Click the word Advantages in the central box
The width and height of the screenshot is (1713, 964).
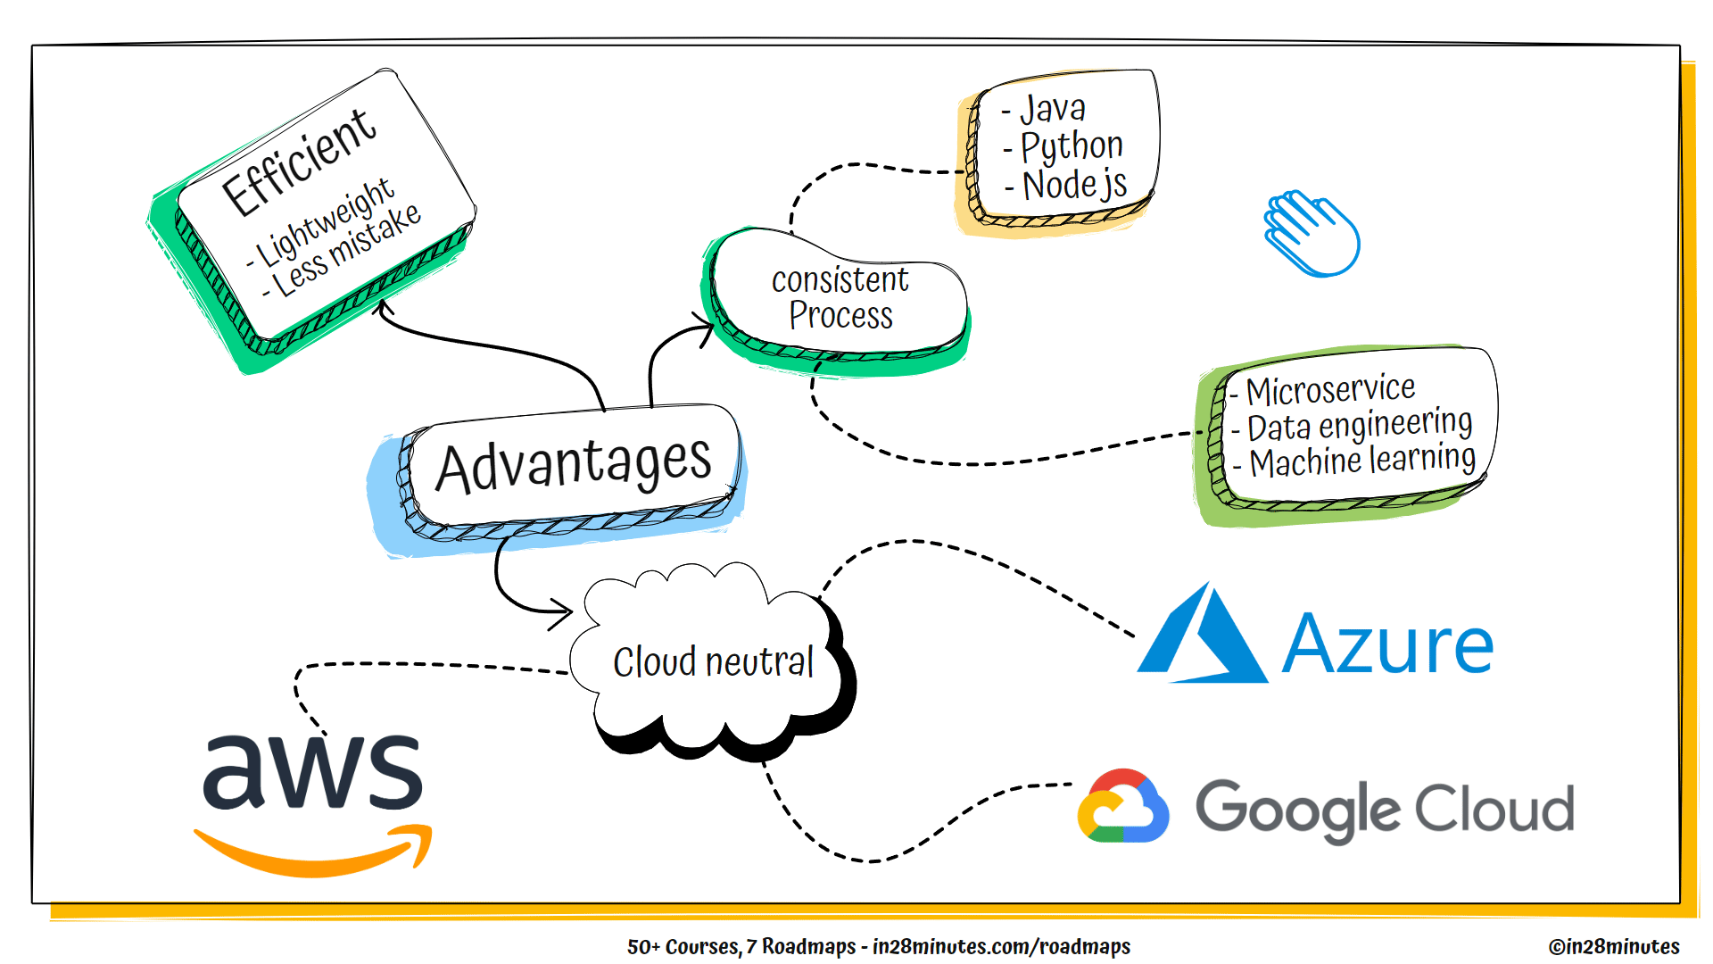pyautogui.click(x=574, y=464)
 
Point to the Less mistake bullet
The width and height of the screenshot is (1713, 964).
pyautogui.click(x=346, y=251)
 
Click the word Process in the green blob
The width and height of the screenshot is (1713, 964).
pyautogui.click(x=840, y=316)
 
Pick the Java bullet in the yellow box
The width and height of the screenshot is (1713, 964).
pyautogui.click(x=1052, y=109)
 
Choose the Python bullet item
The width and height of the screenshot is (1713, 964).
pyautogui.click(x=1071, y=146)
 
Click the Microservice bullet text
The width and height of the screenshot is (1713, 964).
pyautogui.click(x=1330, y=389)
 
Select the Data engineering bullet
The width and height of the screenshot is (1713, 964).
pyautogui.click(x=1359, y=425)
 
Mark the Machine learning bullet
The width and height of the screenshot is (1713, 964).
pyautogui.click(x=1361, y=461)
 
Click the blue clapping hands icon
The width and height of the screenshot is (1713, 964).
pyautogui.click(x=1311, y=233)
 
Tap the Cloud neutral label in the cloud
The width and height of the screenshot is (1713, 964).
pyautogui.click(x=713, y=662)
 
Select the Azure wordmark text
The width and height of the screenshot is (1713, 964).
pyautogui.click(x=1387, y=644)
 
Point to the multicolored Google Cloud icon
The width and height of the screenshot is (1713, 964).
pyautogui.click(x=1123, y=807)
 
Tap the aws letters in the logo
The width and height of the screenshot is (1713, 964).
pyautogui.click(x=312, y=771)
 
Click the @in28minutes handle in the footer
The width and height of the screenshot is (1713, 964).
pyautogui.click(x=1613, y=946)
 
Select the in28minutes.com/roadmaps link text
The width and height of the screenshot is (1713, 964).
pyautogui.click(x=1001, y=946)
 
